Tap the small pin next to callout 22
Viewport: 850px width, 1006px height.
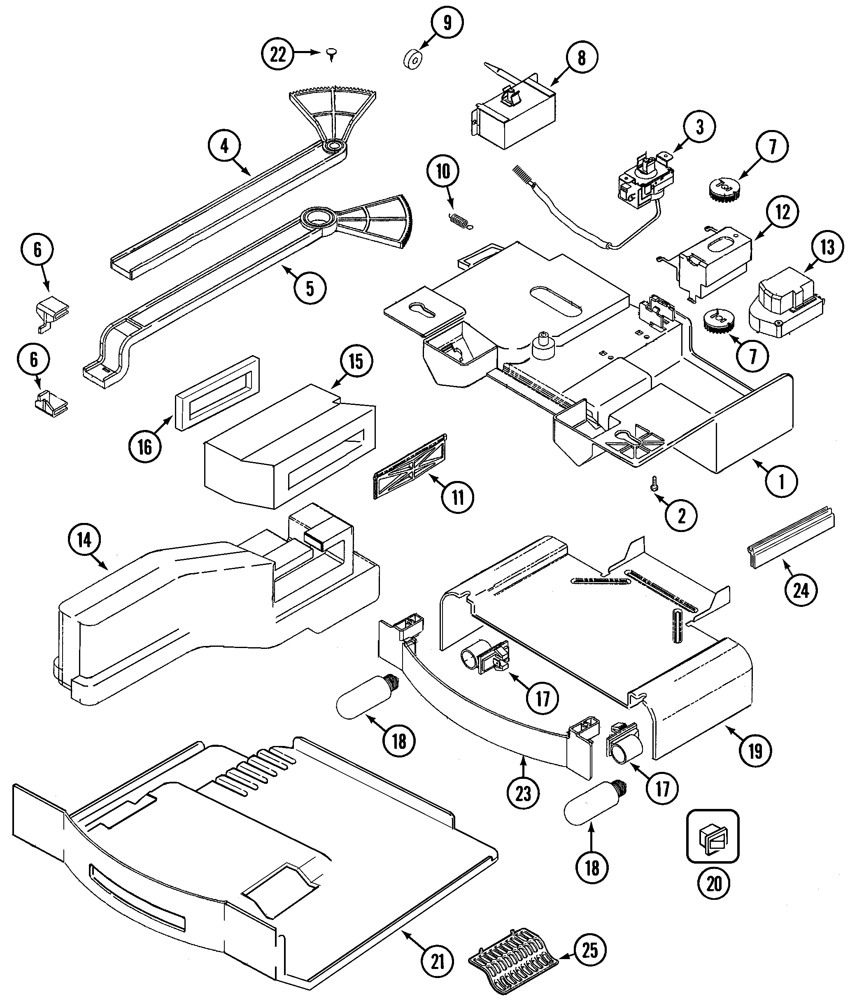tap(331, 54)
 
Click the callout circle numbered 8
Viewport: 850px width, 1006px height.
tap(582, 58)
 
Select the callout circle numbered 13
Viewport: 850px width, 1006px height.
tap(827, 248)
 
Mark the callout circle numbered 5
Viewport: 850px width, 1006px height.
tap(310, 288)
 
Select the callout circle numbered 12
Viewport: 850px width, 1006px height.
tap(782, 212)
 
